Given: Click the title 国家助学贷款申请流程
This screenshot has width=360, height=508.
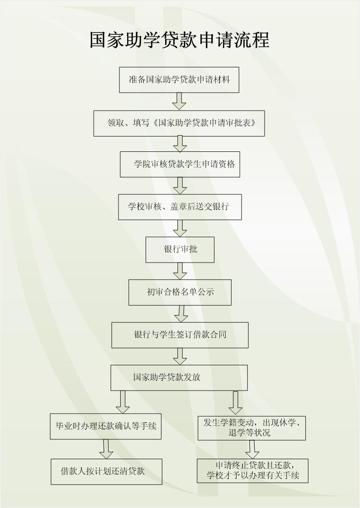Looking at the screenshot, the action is pos(180,40).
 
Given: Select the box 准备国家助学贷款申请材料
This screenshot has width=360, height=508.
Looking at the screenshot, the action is pos(179,80).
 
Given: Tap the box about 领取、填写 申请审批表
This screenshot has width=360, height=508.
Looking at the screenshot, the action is pos(179,123).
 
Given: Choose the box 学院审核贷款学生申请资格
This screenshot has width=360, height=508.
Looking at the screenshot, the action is pos(180,164).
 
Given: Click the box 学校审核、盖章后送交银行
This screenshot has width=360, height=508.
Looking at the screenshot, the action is pos(180,207).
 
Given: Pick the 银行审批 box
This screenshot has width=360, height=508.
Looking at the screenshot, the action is pos(180,249).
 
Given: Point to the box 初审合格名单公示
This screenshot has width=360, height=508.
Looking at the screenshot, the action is pos(180,292).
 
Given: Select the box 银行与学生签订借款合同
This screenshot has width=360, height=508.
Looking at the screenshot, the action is pos(180,335).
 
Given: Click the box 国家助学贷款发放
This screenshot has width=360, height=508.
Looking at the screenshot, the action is pos(179,378).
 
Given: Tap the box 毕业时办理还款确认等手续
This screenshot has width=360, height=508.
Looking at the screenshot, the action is pos(106,426).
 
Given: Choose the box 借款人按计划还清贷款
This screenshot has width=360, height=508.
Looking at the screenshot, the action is pos(106,472).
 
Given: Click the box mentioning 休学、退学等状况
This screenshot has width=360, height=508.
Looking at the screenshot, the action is pos(251,428).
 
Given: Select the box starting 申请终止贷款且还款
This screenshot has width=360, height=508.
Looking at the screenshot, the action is pos(253,471).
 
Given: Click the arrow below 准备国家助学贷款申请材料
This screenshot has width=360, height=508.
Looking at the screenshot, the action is pos(179,101).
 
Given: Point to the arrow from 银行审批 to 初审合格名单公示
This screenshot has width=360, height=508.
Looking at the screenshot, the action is pos(180,271).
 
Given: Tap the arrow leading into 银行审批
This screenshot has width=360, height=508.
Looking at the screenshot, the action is pos(180,228).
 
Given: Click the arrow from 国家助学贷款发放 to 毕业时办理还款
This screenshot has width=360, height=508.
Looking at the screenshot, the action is pos(123,402).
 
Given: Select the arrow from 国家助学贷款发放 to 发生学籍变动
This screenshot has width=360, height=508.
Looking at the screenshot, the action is pos(236,403).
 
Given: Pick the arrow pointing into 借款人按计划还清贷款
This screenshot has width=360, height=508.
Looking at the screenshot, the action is pos(106,449).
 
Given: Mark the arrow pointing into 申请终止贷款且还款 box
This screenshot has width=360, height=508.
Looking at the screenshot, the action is pos(252,449).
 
